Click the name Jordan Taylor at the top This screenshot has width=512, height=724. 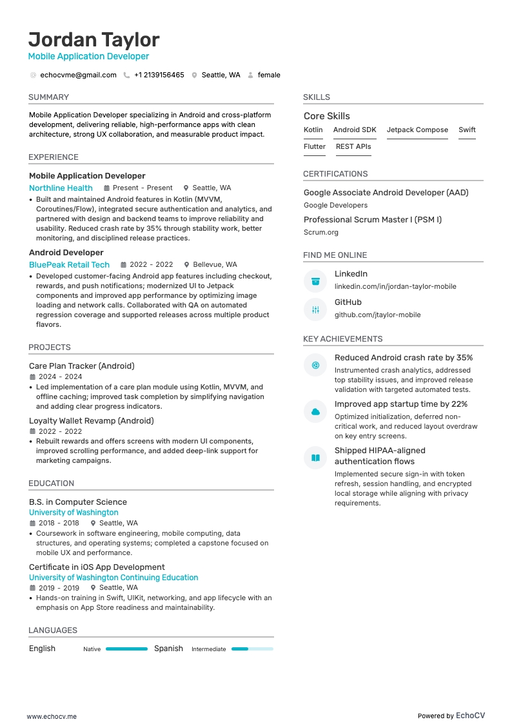coord(94,39)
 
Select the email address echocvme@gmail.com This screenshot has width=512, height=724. coord(78,75)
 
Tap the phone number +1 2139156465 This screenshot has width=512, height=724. coord(159,75)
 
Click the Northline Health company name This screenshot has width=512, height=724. coord(61,188)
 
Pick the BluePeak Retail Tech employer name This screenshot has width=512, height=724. coord(69,265)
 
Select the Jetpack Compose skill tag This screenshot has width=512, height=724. coord(417,130)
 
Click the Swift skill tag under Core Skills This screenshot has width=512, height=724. coord(467,130)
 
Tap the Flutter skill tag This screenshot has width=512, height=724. coord(315,147)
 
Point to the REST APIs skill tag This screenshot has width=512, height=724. coord(353,147)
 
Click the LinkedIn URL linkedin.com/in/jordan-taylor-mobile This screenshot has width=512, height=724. coord(395,286)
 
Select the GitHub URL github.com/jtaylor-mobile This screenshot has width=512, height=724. coord(377,315)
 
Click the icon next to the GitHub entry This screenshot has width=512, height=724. coord(315,309)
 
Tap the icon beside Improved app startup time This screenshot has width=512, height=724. coord(315,411)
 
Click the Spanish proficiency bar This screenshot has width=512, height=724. coord(252,649)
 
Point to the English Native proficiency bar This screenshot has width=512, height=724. coord(126,649)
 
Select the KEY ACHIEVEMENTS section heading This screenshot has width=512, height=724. coord(342,339)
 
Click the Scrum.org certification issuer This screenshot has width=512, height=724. coord(320,232)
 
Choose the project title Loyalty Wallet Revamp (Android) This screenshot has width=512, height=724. coord(91,421)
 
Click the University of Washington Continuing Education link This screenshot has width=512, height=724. coord(113,578)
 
